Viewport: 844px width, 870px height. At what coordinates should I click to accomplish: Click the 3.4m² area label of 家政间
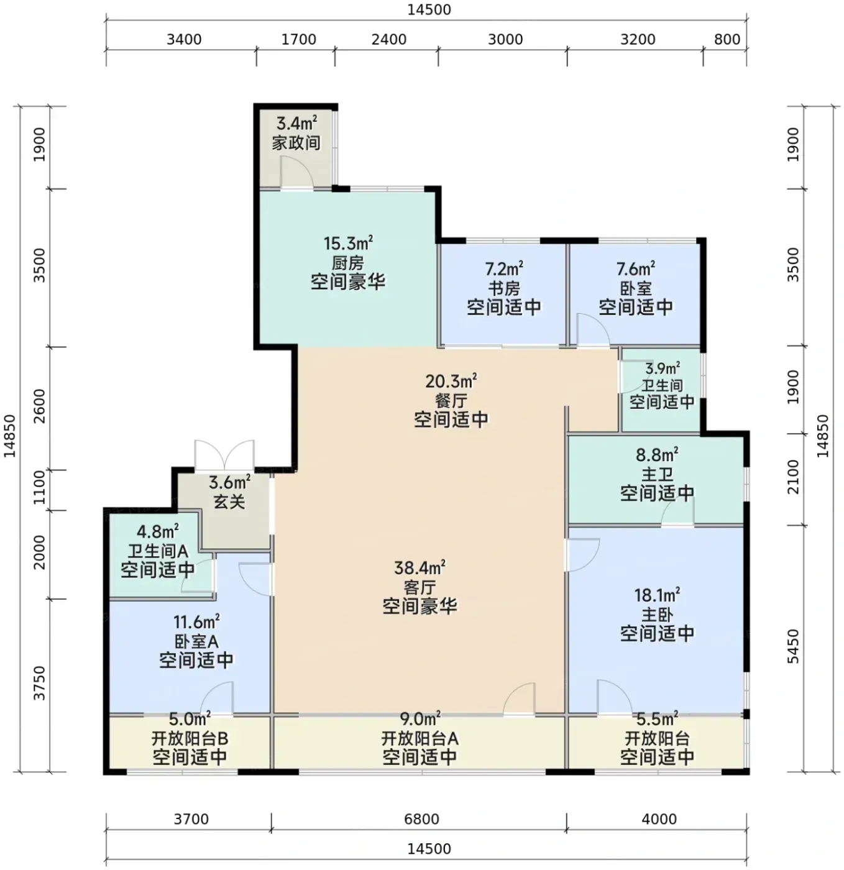tap(297, 122)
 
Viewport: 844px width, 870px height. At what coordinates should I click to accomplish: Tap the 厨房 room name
tap(347, 263)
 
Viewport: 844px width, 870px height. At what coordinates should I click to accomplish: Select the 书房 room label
tap(504, 288)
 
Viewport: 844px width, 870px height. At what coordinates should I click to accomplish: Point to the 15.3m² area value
tap(348, 243)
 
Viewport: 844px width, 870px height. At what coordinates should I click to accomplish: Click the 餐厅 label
tap(451, 401)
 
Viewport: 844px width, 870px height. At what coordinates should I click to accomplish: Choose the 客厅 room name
tap(420, 587)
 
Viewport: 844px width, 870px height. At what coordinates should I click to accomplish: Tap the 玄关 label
tap(229, 502)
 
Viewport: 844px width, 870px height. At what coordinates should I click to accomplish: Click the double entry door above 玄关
tap(224, 455)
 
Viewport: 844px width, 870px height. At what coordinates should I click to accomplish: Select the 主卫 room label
tap(657, 474)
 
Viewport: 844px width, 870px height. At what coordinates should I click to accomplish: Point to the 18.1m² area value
tap(657, 595)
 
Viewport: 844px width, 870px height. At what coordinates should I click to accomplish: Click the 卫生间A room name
tap(158, 551)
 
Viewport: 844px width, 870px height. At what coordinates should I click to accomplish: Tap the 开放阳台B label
tap(190, 738)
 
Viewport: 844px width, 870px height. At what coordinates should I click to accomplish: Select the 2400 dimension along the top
tap(389, 39)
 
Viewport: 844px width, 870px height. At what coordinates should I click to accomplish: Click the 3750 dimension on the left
tap(39, 683)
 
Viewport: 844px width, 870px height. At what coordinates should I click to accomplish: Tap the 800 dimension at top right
tap(727, 39)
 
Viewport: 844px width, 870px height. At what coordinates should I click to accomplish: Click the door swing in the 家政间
tap(297, 172)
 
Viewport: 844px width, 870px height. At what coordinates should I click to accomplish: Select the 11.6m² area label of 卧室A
tap(196, 621)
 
